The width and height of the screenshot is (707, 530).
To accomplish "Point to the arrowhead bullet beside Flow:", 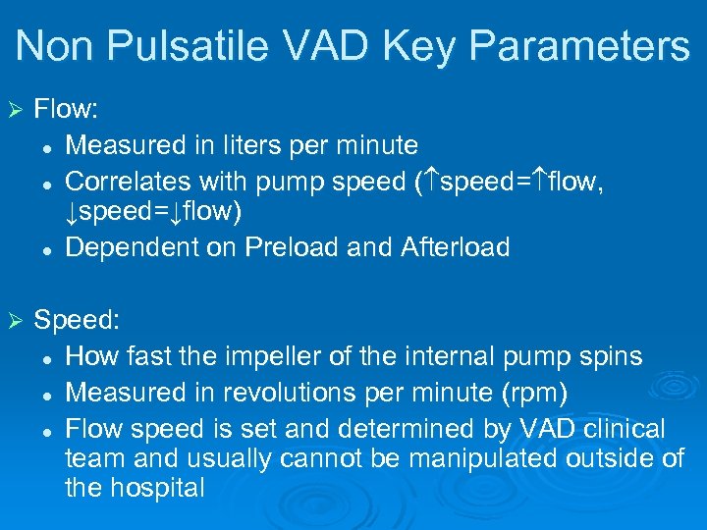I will [14, 111].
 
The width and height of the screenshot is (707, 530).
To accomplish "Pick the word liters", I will [258, 145].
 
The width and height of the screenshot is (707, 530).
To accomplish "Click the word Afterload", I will [455, 247].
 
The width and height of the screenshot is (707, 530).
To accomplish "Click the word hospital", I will [156, 487].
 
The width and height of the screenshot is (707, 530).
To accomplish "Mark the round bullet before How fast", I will [46, 357].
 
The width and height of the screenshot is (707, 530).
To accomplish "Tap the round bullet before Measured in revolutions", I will [46, 394].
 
